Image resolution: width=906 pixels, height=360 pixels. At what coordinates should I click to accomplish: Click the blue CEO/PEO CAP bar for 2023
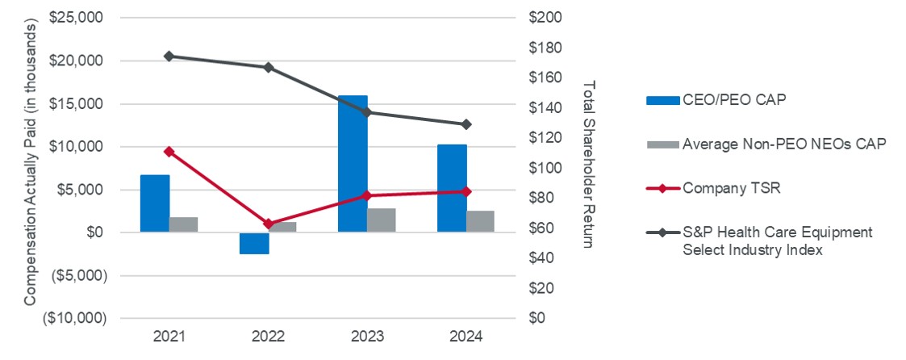pyautogui.click(x=353, y=164)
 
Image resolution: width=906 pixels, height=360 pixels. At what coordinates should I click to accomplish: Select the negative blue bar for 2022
pyautogui.click(x=254, y=243)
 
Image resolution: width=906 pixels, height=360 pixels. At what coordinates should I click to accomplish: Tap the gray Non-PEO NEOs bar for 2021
pyautogui.click(x=184, y=224)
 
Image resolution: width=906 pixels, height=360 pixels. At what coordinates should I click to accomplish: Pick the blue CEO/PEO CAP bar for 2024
pyautogui.click(x=452, y=188)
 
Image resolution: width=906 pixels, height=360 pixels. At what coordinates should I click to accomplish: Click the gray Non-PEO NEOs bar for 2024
pyautogui.click(x=480, y=221)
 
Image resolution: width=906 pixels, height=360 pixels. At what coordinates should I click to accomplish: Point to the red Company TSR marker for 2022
pyautogui.click(x=268, y=224)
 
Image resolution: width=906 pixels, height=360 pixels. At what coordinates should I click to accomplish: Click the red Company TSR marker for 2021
pyautogui.click(x=169, y=151)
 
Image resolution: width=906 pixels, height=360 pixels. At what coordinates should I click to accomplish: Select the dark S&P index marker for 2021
pyautogui.click(x=169, y=56)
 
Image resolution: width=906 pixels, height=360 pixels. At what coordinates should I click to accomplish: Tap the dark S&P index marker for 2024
pyautogui.click(x=466, y=124)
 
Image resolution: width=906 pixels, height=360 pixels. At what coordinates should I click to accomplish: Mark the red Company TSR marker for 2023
pyautogui.click(x=367, y=195)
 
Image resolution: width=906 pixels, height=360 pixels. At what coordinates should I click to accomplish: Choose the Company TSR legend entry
pyautogui.click(x=716, y=188)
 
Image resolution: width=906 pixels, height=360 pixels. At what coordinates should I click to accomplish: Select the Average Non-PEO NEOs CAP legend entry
pyautogui.click(x=766, y=144)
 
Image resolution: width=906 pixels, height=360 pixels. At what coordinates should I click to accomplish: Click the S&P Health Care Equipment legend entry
pyautogui.click(x=766, y=241)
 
